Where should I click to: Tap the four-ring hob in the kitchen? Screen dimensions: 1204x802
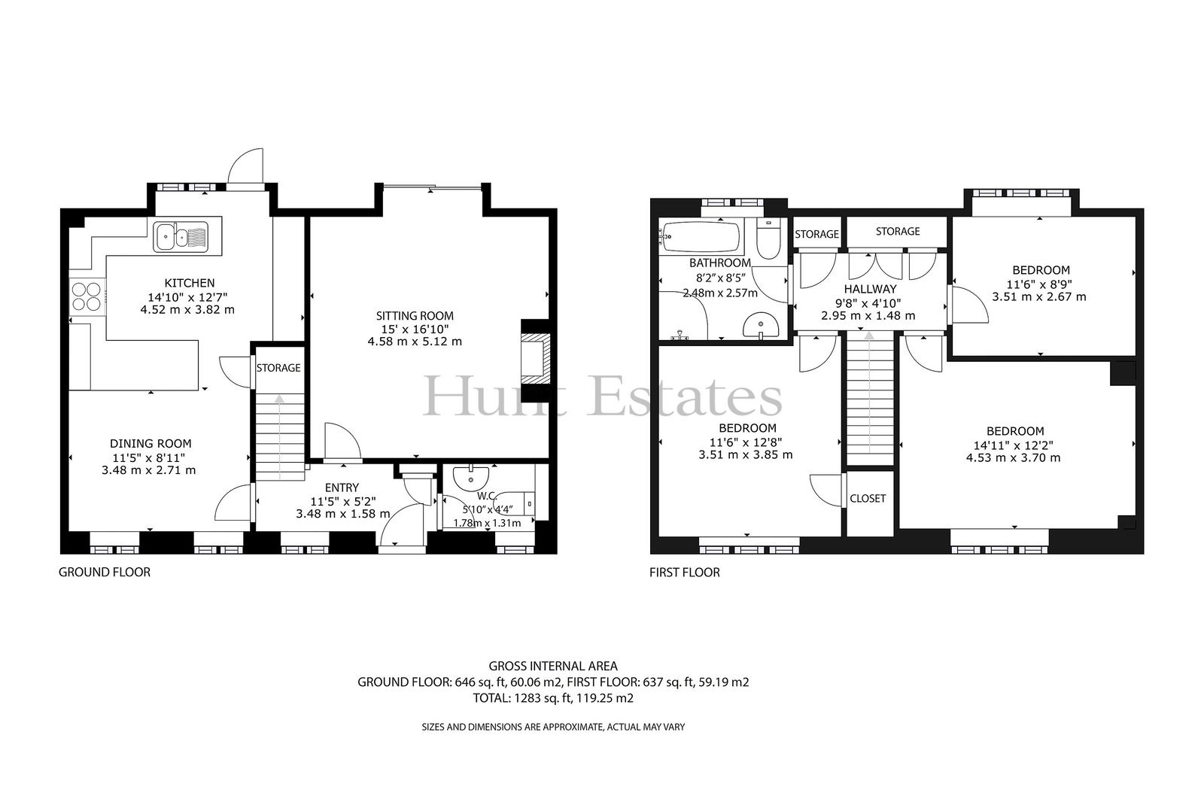click(x=86, y=296)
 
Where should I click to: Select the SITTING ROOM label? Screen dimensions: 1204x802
click(x=415, y=316)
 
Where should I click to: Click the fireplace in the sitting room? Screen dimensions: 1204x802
click(x=536, y=360)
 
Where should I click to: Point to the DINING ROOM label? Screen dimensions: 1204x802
click(x=150, y=443)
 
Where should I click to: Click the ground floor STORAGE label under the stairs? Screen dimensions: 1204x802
click(x=278, y=368)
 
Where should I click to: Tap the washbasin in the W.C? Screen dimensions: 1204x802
click(x=471, y=476)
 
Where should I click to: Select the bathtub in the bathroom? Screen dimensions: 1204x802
click(x=699, y=236)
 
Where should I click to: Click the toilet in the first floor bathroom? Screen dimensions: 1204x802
click(x=768, y=238)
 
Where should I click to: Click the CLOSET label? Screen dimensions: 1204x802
click(x=868, y=498)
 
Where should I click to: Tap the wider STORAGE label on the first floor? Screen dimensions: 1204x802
click(x=898, y=231)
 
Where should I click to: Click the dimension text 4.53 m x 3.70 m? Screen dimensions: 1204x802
click(x=1013, y=458)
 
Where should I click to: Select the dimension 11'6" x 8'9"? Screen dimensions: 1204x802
click(x=1040, y=284)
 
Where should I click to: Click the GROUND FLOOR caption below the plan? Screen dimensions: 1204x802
click(x=105, y=572)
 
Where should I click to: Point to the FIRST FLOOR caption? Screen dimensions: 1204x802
click(x=684, y=572)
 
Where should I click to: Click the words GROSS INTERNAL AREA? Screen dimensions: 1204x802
click(x=553, y=667)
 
